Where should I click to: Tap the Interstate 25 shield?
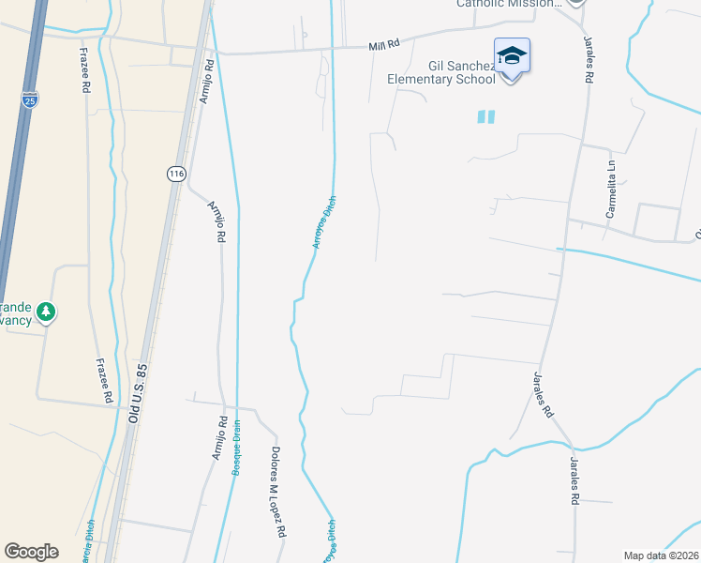click(31, 99)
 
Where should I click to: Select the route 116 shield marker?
click(177, 174)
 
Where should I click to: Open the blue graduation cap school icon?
click(512, 56)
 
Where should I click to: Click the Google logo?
click(31, 551)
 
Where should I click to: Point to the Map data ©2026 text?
click(661, 555)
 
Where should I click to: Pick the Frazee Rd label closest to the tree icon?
click(106, 381)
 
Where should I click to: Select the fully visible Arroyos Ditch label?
click(324, 222)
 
